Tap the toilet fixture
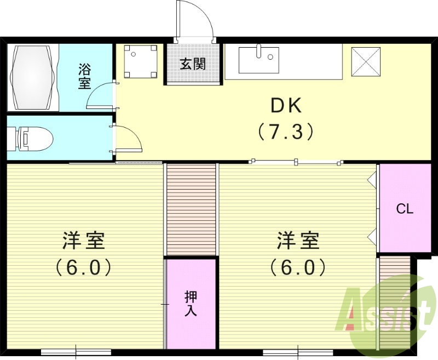point(34,138)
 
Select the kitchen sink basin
point(259,60)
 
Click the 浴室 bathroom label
point(84,77)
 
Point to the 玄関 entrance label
point(193,64)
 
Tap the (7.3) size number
point(286,131)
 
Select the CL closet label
point(405,209)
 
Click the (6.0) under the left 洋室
point(84,267)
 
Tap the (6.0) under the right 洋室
point(298,267)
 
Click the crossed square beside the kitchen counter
point(365,60)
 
